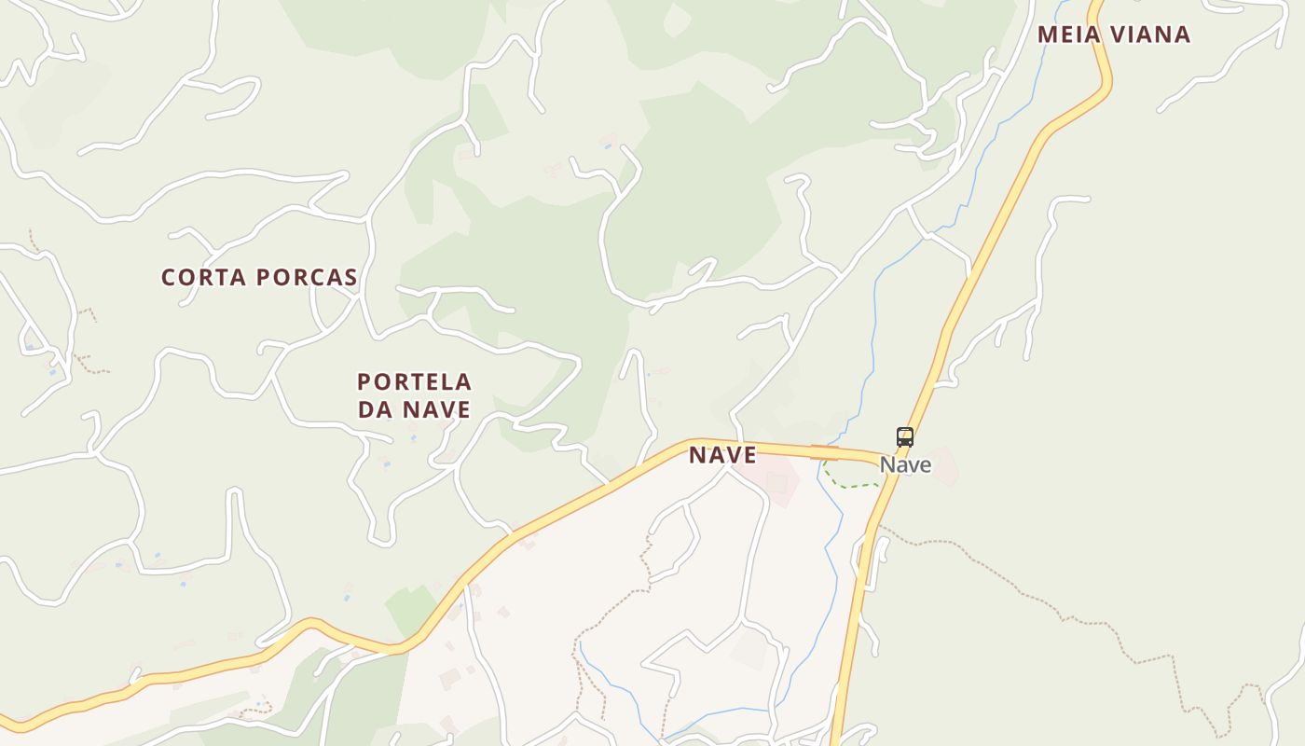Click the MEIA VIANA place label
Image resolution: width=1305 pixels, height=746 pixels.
pos(1114,35)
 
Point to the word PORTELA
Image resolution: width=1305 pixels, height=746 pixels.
pos(414,382)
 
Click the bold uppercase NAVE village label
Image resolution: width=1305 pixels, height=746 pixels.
pos(722,455)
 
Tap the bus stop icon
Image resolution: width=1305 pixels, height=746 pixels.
pos(904,436)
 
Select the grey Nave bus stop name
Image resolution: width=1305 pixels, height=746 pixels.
pos(905,464)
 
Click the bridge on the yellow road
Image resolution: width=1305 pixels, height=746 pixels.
pos(825,452)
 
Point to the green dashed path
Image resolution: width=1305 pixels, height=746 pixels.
pos(848,483)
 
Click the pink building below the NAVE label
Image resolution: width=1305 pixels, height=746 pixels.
pos(776,483)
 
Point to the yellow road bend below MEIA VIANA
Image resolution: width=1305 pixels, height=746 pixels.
pos(1106,89)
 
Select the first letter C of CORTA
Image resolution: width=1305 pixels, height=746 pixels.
pos(169,277)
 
